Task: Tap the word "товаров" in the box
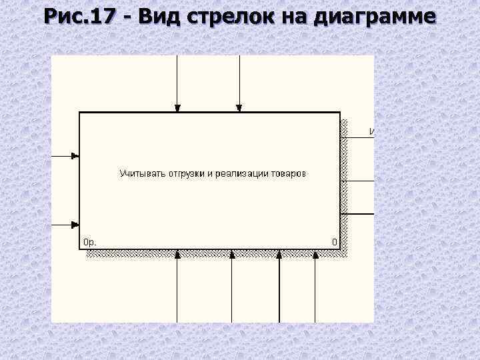pyautogui.click(x=289, y=174)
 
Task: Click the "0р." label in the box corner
pyautogui.click(x=90, y=242)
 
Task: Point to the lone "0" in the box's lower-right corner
pyautogui.click(x=335, y=242)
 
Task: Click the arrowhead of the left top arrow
pyautogui.click(x=177, y=107)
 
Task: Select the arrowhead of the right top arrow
pyautogui.click(x=239, y=107)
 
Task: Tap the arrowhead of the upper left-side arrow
pyautogui.click(x=75, y=157)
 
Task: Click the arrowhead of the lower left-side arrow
pyautogui.click(x=75, y=225)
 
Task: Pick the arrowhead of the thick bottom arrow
pyautogui.click(x=279, y=254)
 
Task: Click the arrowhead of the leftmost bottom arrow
pyautogui.click(x=177, y=254)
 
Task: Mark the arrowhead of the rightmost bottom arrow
pyautogui.click(x=315, y=254)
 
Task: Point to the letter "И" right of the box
pyautogui.click(x=371, y=132)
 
